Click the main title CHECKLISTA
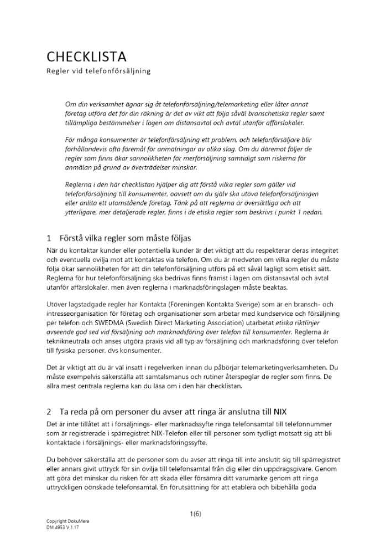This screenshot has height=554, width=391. pyautogui.click(x=86, y=57)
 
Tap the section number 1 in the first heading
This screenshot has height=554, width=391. pyautogui.click(x=49, y=238)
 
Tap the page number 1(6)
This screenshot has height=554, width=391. pyautogui.click(x=195, y=514)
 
